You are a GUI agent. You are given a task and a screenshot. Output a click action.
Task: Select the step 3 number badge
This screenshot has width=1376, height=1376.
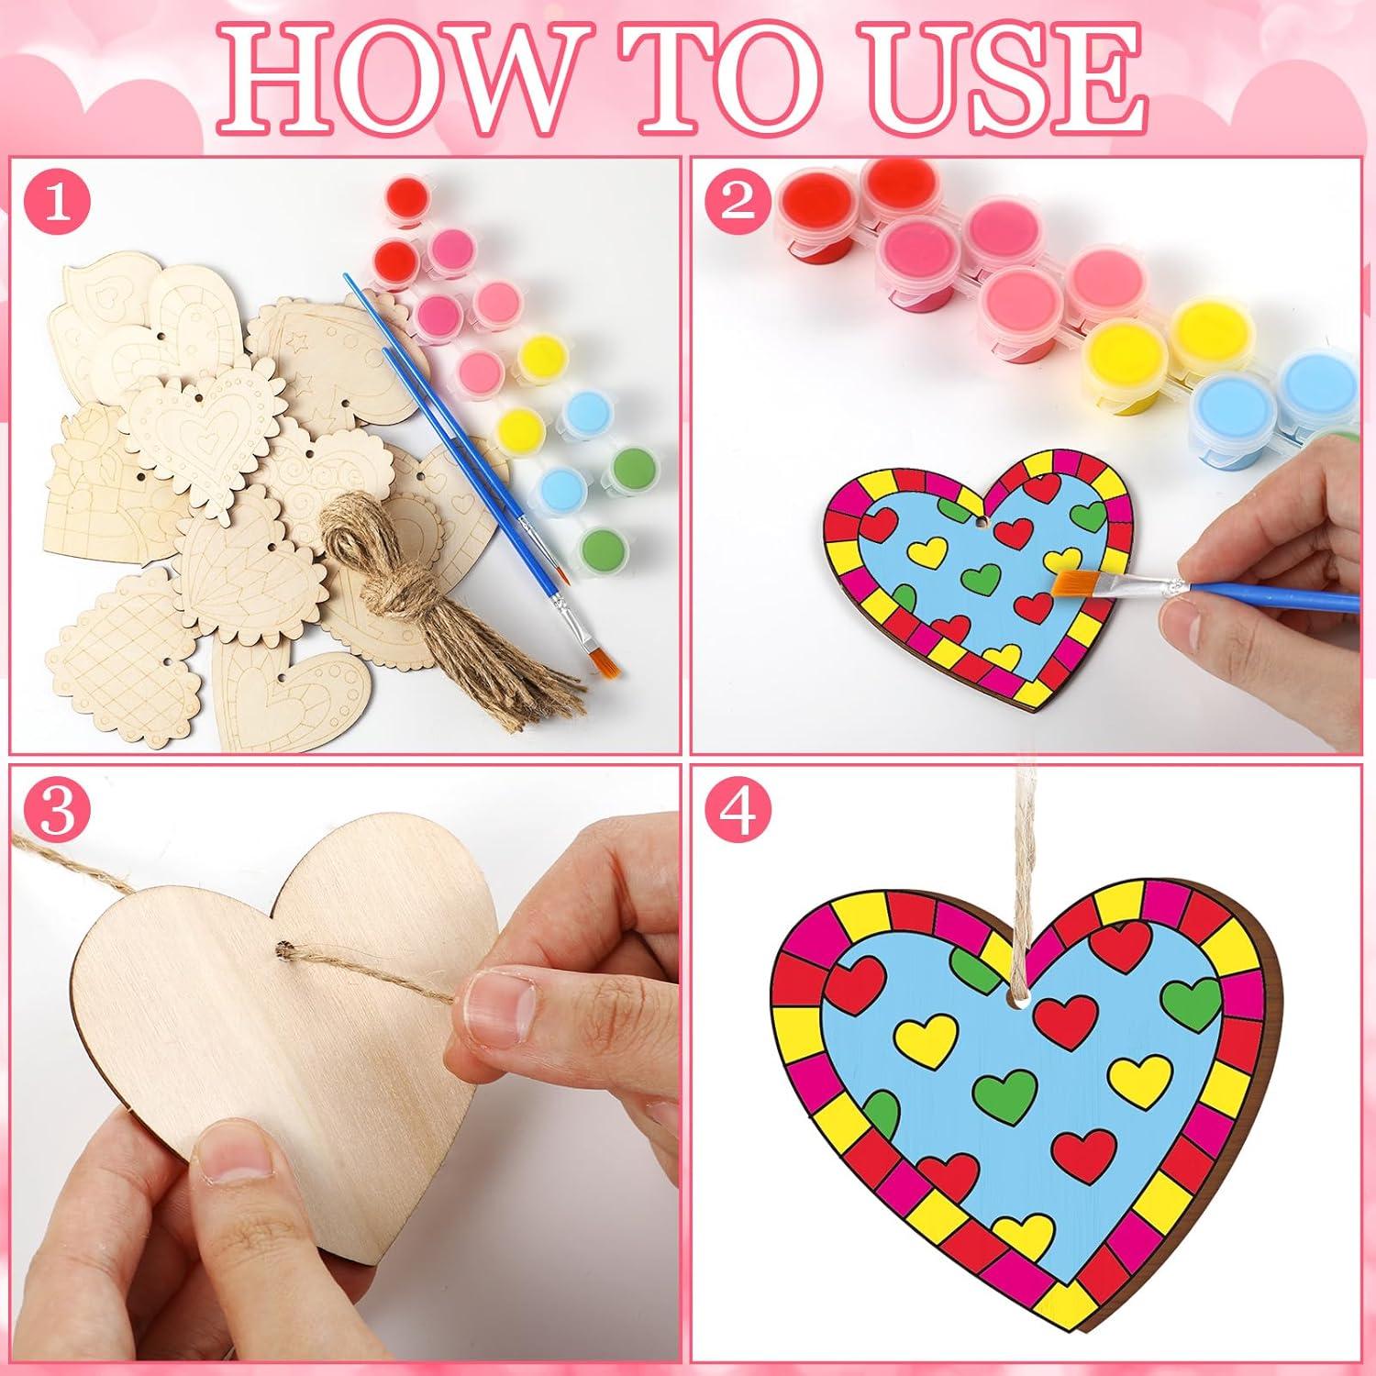tap(57, 813)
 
